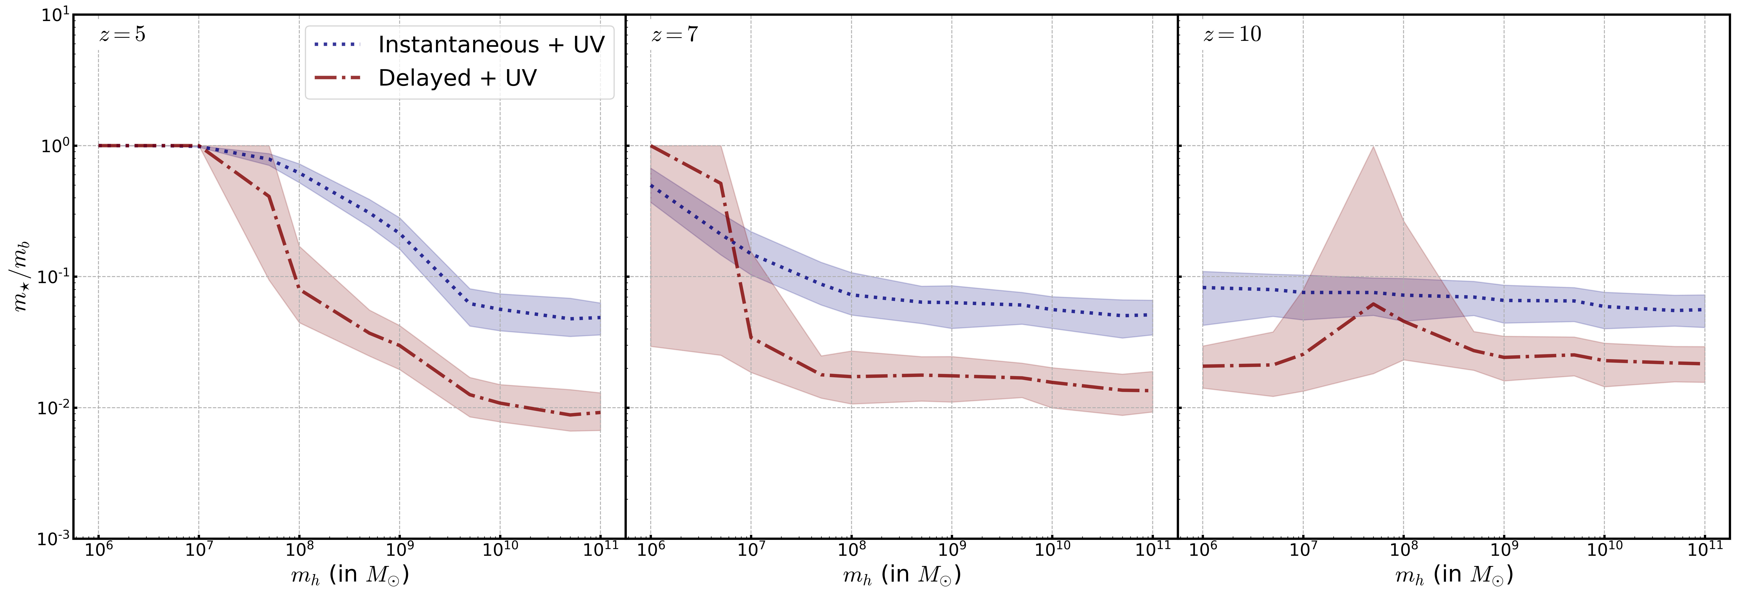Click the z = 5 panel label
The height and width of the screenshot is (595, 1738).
coord(122,34)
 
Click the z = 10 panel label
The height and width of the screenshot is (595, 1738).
coord(1232,34)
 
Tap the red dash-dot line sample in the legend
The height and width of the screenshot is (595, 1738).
coord(337,78)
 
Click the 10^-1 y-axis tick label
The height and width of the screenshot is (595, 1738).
coord(54,277)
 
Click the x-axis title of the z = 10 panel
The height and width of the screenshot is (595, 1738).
coord(1454,575)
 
